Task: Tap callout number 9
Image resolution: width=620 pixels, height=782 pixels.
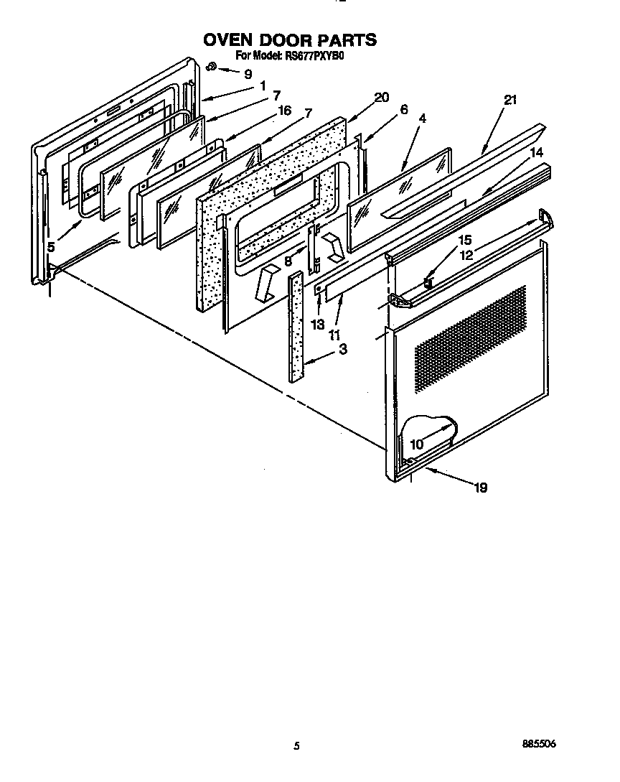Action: coord(248,73)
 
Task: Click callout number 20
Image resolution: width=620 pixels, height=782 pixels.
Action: coord(381,98)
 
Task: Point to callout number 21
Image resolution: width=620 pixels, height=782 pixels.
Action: coord(510,100)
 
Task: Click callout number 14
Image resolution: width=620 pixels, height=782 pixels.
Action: coord(537,152)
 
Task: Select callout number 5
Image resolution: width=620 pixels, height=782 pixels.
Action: coord(51,246)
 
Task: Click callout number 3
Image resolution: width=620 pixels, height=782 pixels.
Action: coord(343,350)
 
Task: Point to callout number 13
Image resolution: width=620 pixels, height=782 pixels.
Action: coord(318,324)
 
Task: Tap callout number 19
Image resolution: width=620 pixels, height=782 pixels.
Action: coord(480,488)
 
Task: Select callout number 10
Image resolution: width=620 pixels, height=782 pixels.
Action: coord(416,444)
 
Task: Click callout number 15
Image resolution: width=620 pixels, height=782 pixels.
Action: coord(464,240)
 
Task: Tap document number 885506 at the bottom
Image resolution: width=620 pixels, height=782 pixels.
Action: coord(540,745)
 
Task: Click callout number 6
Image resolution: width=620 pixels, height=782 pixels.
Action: coord(404,109)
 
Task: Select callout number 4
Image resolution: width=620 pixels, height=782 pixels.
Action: coord(422,120)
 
